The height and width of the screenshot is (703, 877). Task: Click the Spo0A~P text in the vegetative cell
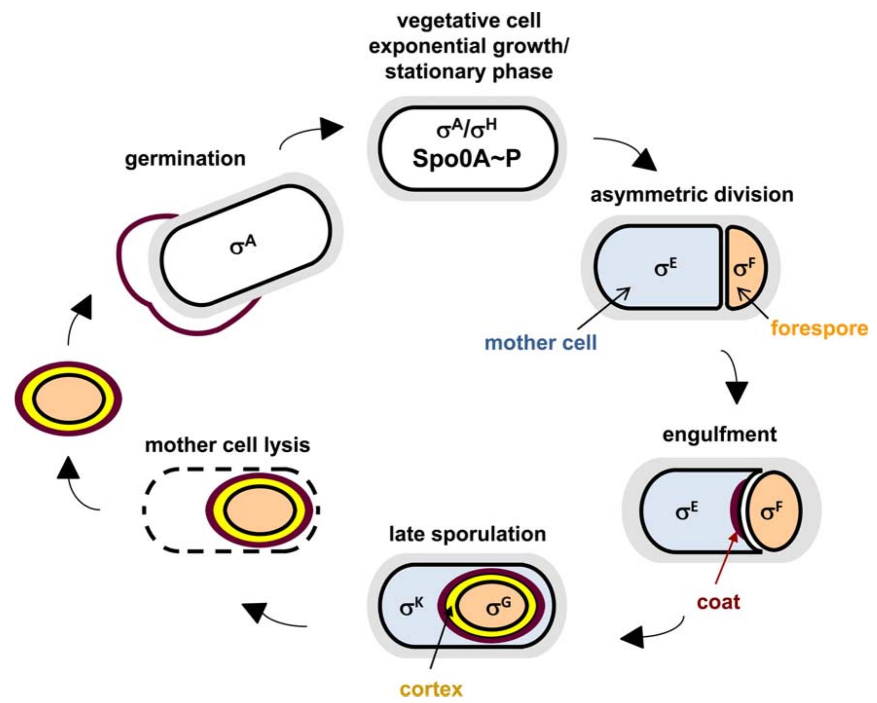click(466, 158)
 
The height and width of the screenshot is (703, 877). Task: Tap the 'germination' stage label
click(185, 159)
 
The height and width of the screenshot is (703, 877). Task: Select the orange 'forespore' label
click(819, 328)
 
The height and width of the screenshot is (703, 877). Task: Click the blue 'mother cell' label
click(540, 343)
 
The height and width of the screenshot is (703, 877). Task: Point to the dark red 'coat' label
click(718, 602)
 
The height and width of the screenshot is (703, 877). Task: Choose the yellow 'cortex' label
click(431, 689)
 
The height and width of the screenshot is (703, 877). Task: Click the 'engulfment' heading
click(719, 434)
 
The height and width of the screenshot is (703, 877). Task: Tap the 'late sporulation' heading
click(467, 534)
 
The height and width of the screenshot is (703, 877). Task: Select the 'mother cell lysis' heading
click(228, 445)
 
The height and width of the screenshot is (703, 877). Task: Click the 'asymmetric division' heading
click(692, 194)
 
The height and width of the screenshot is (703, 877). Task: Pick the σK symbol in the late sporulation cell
click(412, 607)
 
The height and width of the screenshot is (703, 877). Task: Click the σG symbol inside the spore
click(499, 607)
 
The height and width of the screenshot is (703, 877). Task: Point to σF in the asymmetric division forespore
click(745, 266)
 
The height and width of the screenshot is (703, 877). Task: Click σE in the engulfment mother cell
click(686, 510)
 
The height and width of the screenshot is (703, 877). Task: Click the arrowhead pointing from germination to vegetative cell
click(333, 129)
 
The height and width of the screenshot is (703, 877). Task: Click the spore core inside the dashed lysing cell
click(261, 511)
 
